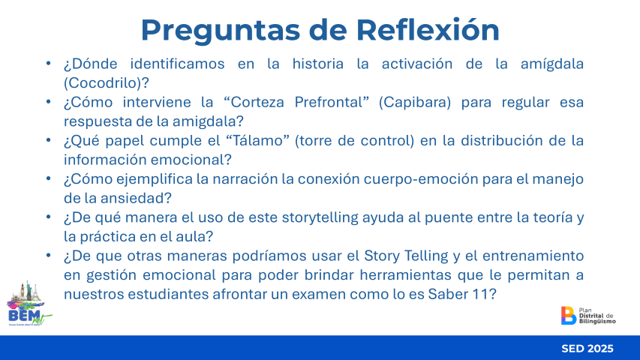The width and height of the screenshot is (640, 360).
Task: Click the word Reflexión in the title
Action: (428, 30)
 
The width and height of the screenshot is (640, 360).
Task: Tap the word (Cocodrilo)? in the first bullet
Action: (107, 82)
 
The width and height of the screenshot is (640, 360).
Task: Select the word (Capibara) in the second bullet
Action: (415, 102)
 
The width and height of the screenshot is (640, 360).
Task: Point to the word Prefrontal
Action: (329, 102)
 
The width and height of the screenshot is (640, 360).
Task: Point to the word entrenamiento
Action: (533, 256)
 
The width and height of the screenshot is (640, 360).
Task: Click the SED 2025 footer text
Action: (587, 349)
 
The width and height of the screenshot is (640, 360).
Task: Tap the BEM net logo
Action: (29, 303)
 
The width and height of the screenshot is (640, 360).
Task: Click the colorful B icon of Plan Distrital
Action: (568, 316)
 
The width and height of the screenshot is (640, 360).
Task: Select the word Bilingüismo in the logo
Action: (597, 322)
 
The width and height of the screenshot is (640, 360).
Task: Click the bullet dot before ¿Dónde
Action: (49, 63)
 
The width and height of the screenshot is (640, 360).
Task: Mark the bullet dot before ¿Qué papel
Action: (49, 140)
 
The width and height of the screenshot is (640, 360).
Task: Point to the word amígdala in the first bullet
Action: (551, 64)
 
